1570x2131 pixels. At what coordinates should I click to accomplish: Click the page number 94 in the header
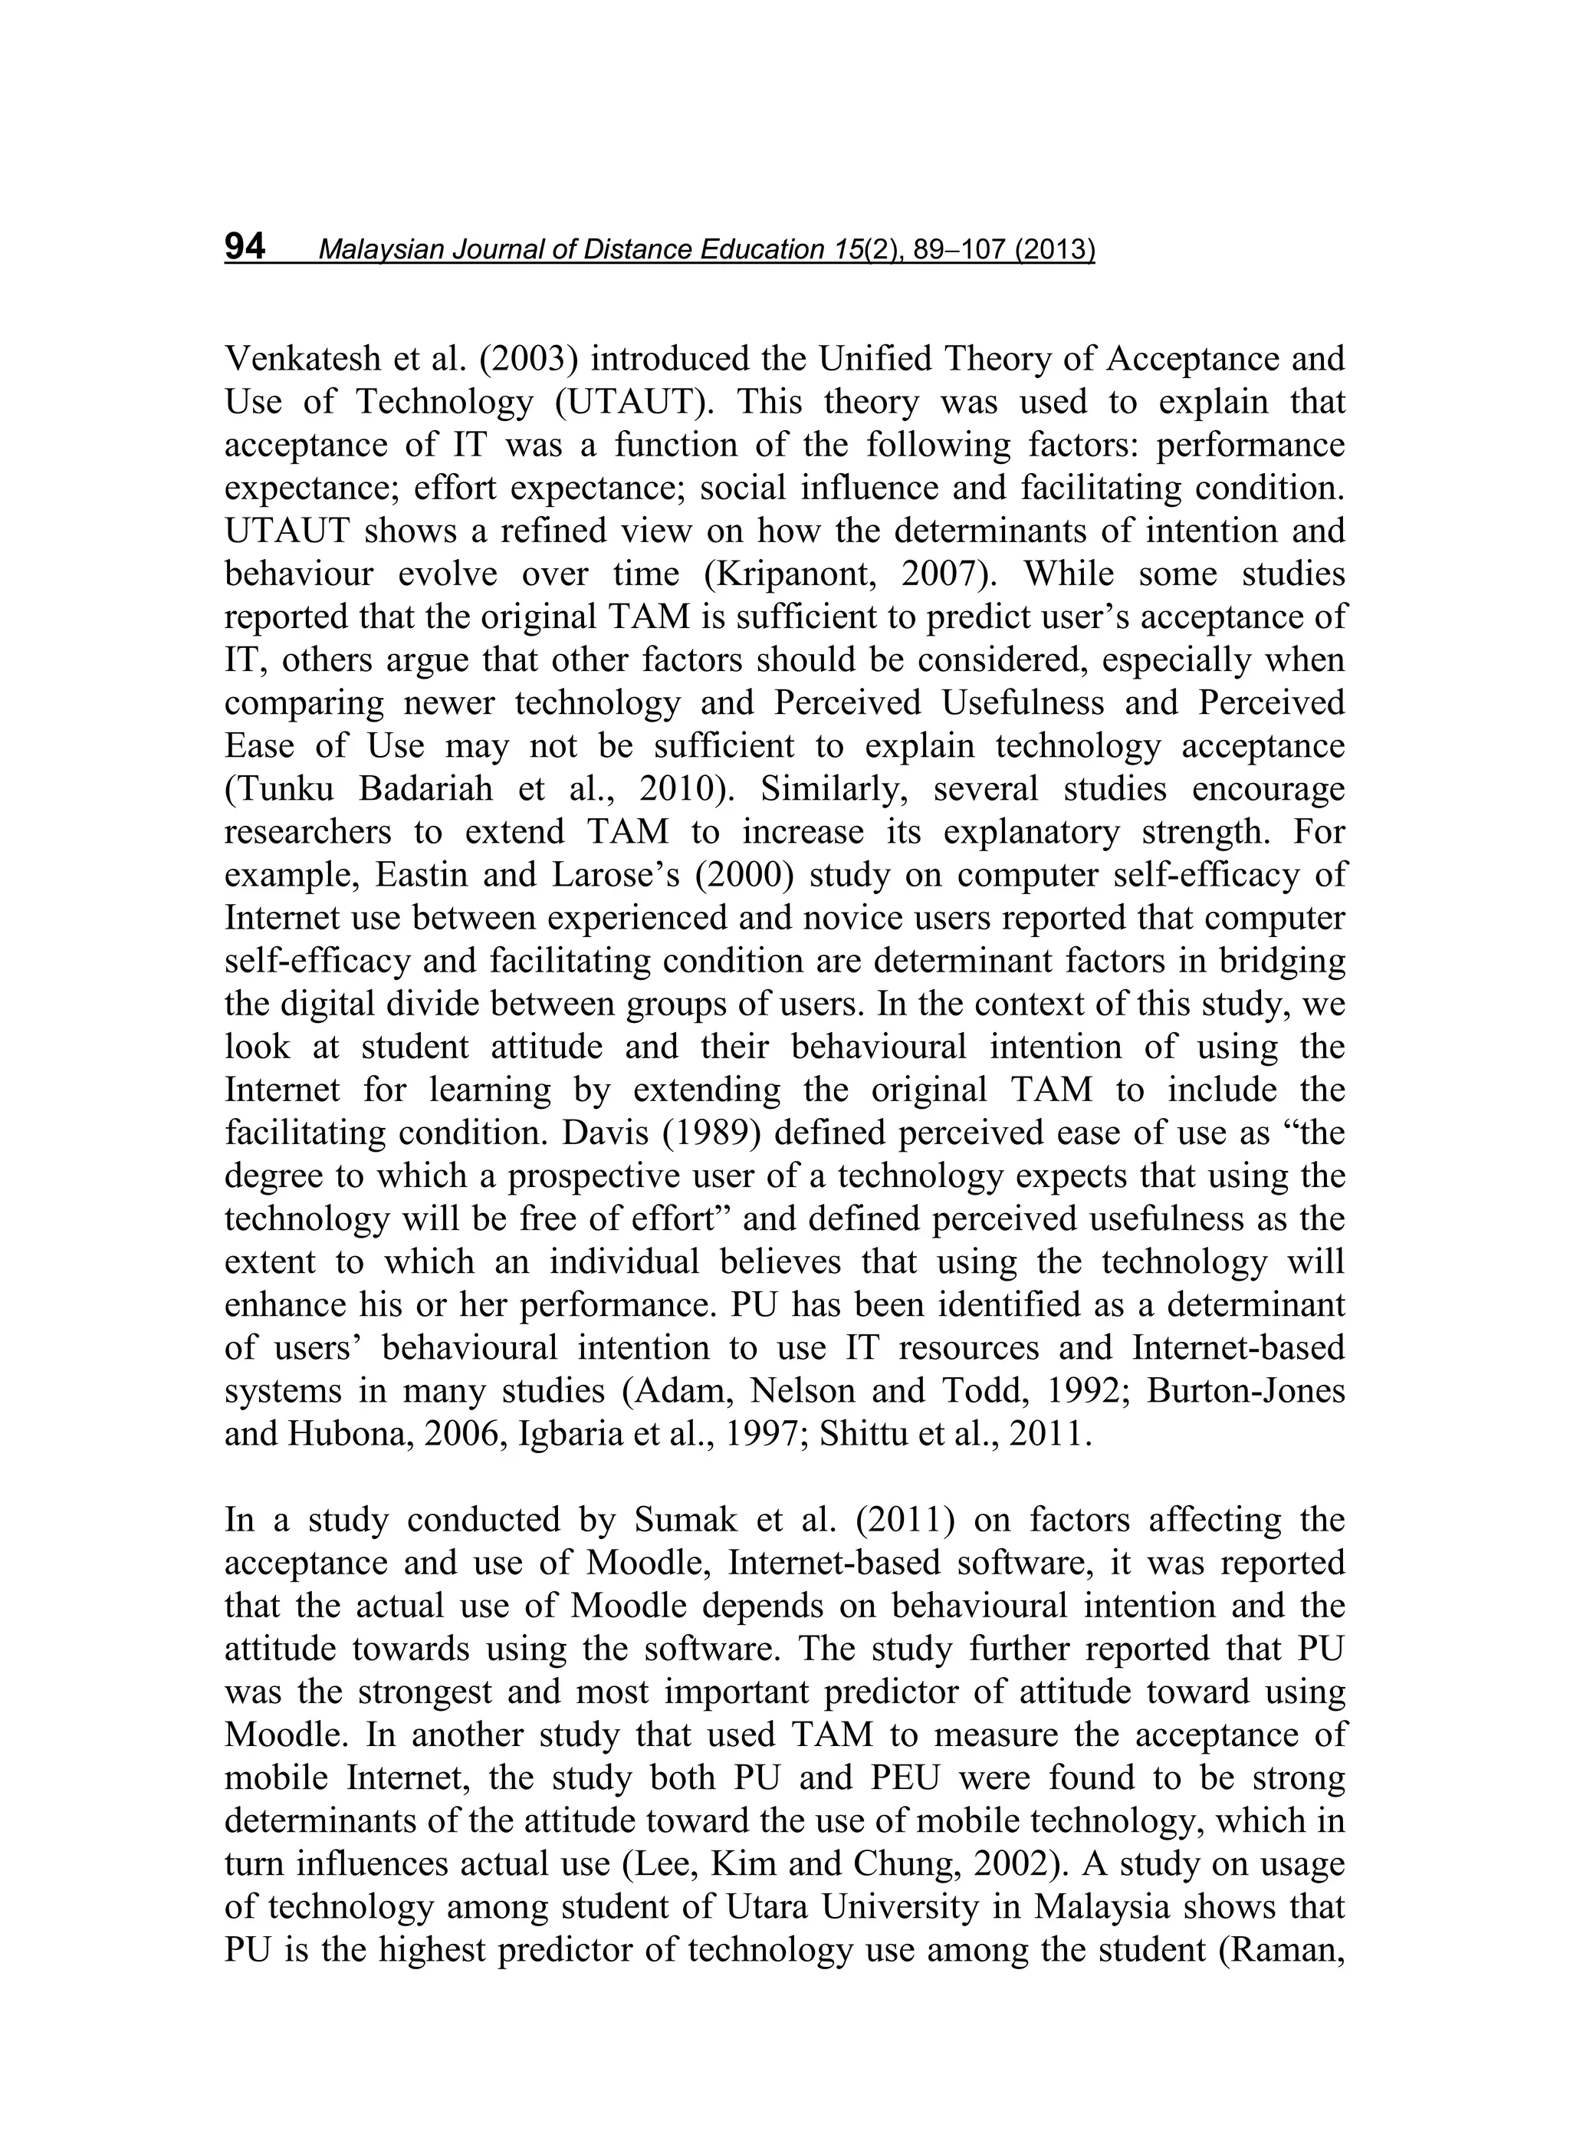tap(245, 247)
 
